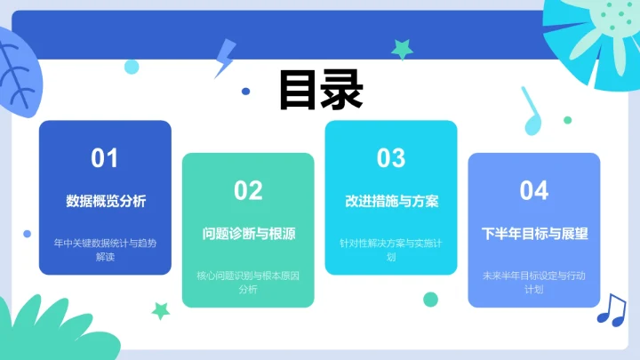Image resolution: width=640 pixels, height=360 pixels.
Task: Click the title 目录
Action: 320,90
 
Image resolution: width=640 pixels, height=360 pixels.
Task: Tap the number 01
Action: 105,158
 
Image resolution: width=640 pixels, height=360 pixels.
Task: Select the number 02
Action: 248,190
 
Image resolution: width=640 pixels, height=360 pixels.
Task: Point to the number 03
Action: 391,158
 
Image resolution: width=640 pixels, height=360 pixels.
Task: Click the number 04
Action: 534,190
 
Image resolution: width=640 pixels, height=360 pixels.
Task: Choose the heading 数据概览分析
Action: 105,201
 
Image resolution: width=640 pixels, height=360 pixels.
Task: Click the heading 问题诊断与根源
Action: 248,234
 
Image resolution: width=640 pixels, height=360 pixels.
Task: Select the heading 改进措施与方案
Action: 391,201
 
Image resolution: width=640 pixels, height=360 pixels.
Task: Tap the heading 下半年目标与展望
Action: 534,234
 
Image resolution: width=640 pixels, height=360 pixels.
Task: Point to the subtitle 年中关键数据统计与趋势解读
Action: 105,249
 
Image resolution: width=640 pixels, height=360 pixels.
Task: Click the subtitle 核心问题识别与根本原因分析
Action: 248,282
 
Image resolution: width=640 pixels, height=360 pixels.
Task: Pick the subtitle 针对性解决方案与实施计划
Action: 391,249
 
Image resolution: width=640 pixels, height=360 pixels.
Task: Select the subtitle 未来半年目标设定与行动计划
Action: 534,282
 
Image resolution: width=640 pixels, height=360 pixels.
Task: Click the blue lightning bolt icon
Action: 224,60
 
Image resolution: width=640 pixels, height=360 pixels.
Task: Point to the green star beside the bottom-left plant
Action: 161,310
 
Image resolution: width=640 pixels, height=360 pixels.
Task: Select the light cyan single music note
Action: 532,112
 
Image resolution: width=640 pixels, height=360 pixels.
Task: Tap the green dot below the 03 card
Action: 430,299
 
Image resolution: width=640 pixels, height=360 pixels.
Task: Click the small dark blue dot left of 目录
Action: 245,91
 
